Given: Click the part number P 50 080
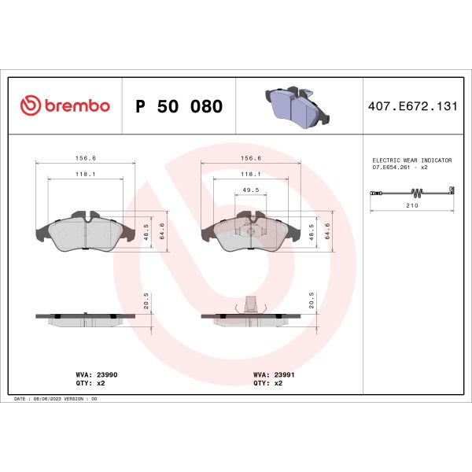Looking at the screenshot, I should (x=179, y=106).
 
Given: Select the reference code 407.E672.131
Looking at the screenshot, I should (x=412, y=106).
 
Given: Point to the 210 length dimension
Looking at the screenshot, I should (x=412, y=207).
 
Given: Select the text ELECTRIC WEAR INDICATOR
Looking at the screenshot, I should (x=412, y=160).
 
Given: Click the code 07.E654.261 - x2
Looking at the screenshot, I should (x=400, y=168).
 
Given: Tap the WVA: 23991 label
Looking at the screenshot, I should (x=273, y=376).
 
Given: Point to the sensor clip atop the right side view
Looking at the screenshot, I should (x=250, y=304).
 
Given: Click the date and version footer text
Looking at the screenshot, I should (x=56, y=399).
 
